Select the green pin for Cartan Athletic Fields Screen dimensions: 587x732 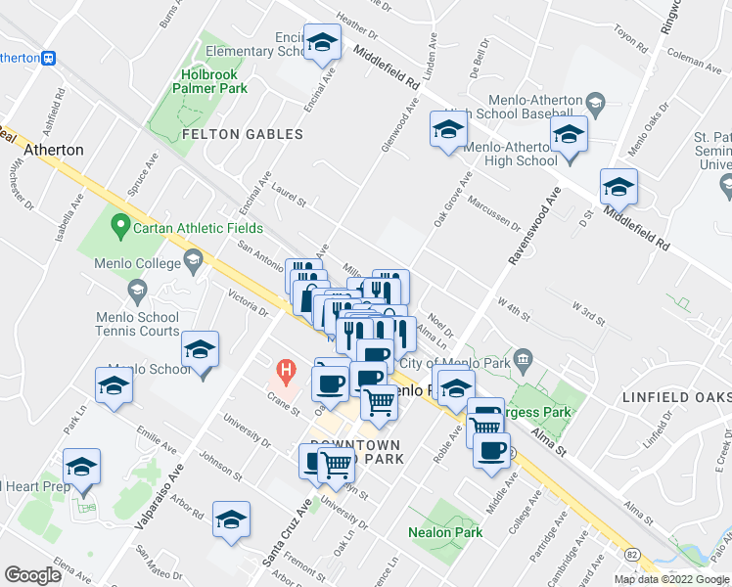pyautogui.click(x=120, y=228)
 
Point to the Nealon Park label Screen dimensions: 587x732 pyautogui.click(x=446, y=532)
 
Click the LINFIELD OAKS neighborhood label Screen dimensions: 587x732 pyautogui.click(x=676, y=398)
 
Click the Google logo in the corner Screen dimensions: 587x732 pyautogui.click(x=32, y=574)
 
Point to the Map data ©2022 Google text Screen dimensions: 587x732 pyautogui.click(x=671, y=579)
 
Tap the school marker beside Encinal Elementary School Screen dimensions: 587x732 pyautogui.click(x=321, y=43)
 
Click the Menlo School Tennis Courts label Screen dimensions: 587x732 pyautogui.click(x=138, y=325)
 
